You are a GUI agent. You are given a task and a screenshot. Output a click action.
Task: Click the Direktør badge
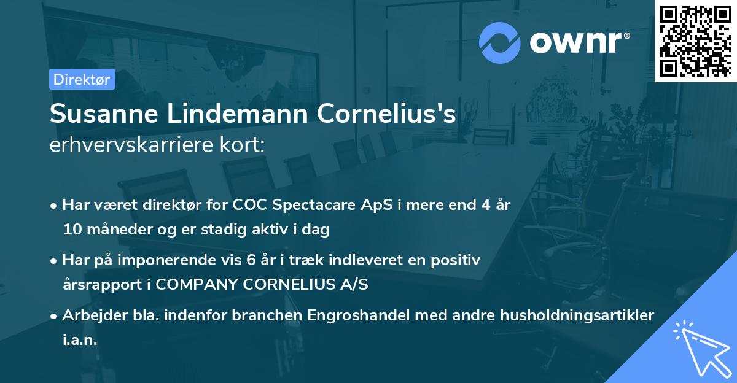pos(82,79)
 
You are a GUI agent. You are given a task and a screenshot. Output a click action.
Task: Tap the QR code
pos(695,41)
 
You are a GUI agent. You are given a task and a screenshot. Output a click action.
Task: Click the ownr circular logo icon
pos(499,42)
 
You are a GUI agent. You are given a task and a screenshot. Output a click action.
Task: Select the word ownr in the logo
pos(578,42)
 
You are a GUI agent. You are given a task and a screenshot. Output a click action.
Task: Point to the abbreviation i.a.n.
pos(80,340)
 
